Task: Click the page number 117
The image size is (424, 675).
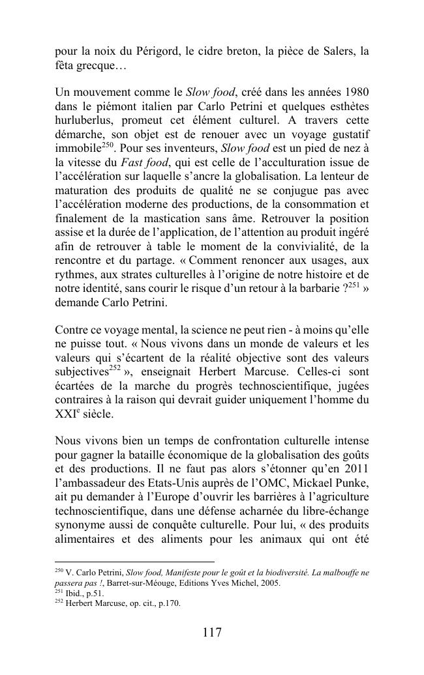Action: pyautogui.click(x=212, y=633)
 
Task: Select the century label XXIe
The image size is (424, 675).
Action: pyautogui.click(x=66, y=414)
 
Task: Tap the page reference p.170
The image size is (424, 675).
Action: pyautogui.click(x=168, y=603)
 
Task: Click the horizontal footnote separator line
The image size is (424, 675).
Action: pyautogui.click(x=134, y=562)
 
